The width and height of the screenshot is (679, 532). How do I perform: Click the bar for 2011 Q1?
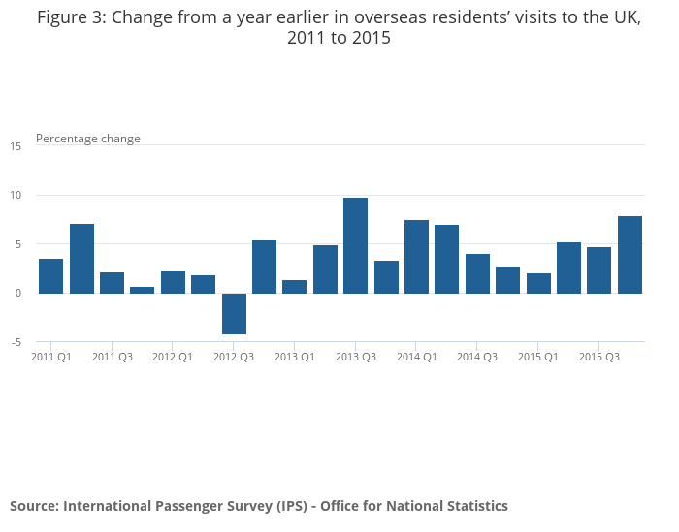click(51, 276)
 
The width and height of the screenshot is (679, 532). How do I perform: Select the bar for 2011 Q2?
click(81, 259)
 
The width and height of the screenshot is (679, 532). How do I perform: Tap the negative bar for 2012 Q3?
click(234, 313)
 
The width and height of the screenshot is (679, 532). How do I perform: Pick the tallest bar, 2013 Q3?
click(356, 245)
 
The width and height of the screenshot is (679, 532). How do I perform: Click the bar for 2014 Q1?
click(416, 257)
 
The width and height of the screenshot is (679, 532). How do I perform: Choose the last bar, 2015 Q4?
click(630, 255)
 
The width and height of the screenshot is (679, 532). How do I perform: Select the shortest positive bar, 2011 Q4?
click(143, 290)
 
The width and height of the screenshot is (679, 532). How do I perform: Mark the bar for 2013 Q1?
click(295, 287)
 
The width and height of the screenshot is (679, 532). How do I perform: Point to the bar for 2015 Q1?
click(538, 283)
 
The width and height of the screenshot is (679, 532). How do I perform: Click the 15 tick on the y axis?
click(16, 146)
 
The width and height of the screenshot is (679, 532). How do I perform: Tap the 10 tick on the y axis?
click(16, 195)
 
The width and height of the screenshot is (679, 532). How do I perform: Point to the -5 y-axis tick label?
click(16, 342)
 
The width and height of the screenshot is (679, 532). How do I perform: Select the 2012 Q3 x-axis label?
click(234, 357)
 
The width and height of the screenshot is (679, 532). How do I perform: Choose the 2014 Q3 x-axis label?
click(477, 357)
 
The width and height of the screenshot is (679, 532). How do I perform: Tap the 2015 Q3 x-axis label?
click(599, 357)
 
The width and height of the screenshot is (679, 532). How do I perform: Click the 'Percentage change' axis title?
click(88, 139)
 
